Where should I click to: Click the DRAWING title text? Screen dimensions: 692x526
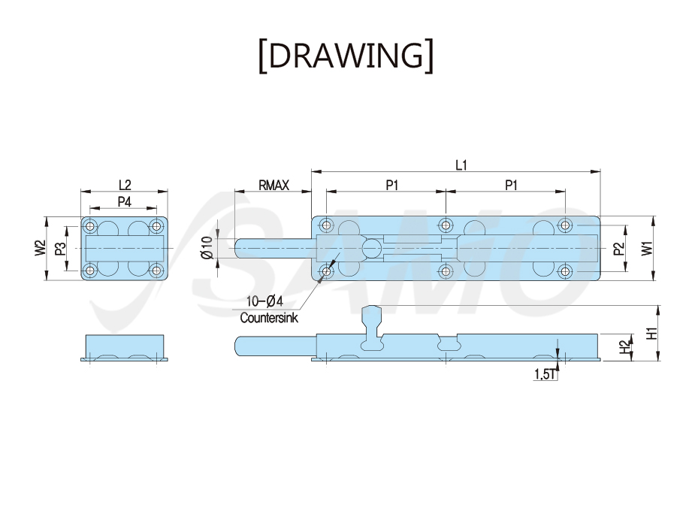tap(346, 56)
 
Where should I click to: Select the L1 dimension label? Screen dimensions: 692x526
tap(461, 165)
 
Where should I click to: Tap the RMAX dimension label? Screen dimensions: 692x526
tap(273, 186)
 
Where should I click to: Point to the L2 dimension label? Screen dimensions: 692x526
tap(125, 185)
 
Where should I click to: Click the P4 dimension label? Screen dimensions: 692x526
tap(125, 201)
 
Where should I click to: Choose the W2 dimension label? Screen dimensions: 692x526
tap(40, 248)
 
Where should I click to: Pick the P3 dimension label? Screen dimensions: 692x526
tap(60, 249)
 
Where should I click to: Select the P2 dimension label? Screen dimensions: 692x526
tap(619, 249)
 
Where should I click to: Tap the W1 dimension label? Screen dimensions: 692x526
tap(647, 248)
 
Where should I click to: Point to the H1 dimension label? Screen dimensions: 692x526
tap(652, 333)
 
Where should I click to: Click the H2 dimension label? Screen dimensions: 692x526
tap(625, 347)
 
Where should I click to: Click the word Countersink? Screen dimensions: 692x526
tap(269, 318)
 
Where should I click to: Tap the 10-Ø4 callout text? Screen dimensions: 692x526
tap(264, 301)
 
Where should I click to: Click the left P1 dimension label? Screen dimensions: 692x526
tap(392, 186)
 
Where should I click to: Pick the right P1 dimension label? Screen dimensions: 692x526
tap(511, 186)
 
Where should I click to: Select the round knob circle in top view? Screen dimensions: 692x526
tap(372, 249)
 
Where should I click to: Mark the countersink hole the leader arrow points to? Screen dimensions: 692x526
tap(326, 271)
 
